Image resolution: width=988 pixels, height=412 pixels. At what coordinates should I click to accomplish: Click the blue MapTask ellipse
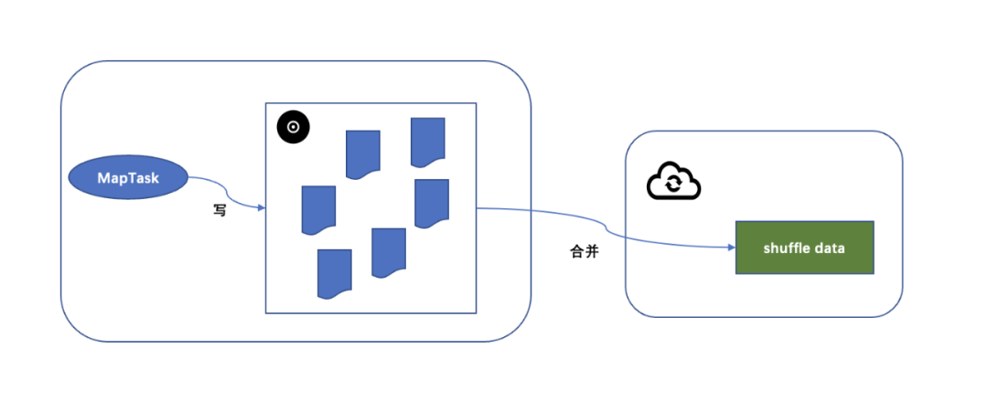click(x=128, y=178)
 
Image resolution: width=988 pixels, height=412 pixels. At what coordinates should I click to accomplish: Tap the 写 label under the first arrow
click(x=220, y=210)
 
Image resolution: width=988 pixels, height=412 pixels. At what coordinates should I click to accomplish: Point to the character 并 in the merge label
click(x=592, y=251)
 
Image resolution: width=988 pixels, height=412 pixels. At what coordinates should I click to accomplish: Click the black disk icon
click(x=294, y=128)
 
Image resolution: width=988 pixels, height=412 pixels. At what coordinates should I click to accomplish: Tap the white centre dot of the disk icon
click(x=294, y=128)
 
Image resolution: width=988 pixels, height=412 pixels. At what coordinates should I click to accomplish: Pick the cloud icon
click(x=673, y=183)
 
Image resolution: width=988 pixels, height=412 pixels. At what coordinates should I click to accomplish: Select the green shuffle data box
click(x=804, y=248)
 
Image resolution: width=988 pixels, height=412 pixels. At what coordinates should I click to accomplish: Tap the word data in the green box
click(x=830, y=248)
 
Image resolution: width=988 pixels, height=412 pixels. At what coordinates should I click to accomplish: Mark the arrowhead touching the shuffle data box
click(x=731, y=248)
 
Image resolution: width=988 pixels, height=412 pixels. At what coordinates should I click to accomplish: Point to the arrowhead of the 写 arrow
click(x=261, y=208)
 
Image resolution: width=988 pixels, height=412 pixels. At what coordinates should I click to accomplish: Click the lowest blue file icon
click(x=335, y=273)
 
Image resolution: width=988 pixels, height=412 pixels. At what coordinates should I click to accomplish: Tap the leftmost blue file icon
click(x=318, y=209)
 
